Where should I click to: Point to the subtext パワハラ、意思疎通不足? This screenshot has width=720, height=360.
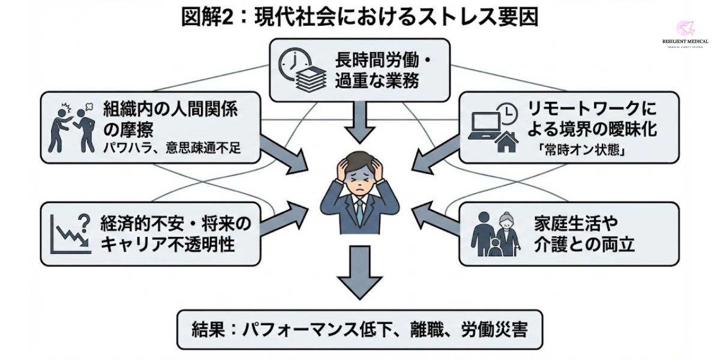tap(172, 148)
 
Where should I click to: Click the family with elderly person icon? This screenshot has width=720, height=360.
tap(494, 234)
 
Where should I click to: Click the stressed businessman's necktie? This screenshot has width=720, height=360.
tap(359, 211)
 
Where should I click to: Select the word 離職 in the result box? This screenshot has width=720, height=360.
tap(425, 329)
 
